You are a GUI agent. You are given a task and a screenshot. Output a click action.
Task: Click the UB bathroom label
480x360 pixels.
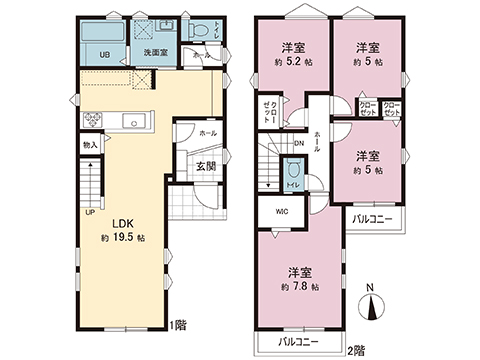point(106,54)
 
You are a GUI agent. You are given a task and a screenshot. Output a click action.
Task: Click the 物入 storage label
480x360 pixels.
point(90,147)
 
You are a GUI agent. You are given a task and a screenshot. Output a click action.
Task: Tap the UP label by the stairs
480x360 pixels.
point(89,212)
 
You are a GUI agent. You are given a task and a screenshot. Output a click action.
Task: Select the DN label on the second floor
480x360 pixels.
point(298,143)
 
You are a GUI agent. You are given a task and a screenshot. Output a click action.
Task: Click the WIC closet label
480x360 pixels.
point(280,210)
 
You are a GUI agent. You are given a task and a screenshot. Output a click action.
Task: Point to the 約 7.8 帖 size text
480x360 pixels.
point(297,286)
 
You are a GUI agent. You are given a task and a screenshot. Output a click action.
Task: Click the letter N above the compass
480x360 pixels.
point(370,290)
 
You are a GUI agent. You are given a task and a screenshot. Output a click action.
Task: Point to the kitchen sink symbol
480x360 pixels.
point(134,122)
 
